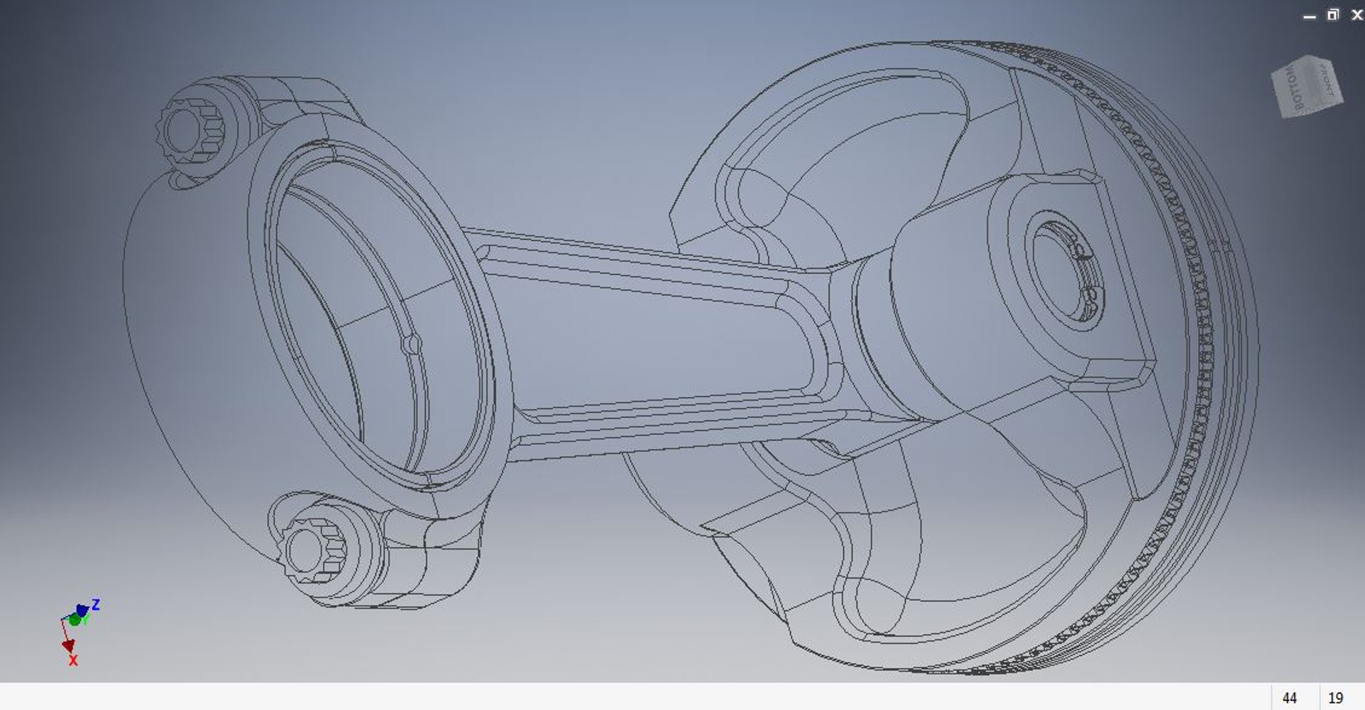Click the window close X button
coord(1356,15)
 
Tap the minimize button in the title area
coord(1310,16)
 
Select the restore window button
coord(1333,15)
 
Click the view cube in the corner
coord(1307,87)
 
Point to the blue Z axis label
coord(96,605)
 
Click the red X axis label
coord(73,661)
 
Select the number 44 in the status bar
coord(1290,698)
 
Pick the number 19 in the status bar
coord(1336,698)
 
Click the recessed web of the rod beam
coord(654,334)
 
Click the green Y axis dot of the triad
coord(75,620)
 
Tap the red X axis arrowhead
coord(69,645)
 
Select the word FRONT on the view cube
coord(1327,80)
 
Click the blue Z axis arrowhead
coord(82,610)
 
